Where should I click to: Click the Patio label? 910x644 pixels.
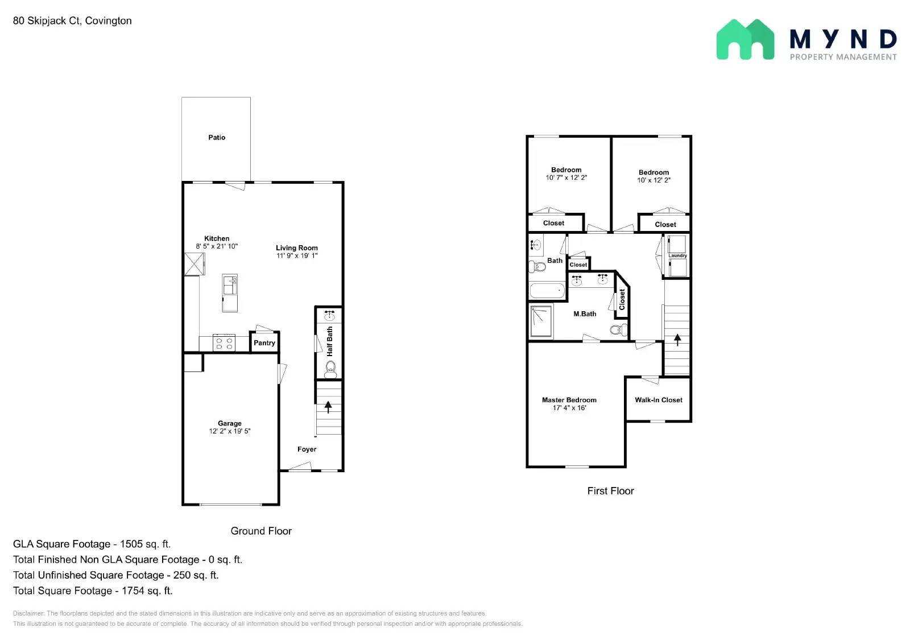coord(217,137)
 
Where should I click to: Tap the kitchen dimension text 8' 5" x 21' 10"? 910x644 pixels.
coord(217,246)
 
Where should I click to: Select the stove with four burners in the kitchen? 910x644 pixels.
coord(224,343)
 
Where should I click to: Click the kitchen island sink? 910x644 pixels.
coord(230,284)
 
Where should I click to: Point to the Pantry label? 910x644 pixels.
coord(264,342)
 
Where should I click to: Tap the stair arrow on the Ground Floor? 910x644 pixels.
coord(328,407)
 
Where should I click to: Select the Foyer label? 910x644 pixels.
coord(307,449)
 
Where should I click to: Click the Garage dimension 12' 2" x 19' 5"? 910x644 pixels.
coord(229,431)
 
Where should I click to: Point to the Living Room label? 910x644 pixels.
coord(296,247)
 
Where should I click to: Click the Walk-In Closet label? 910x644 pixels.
coord(659,400)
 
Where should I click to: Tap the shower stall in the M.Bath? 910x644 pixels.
coord(541,321)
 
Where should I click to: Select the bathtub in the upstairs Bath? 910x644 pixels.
coord(547,291)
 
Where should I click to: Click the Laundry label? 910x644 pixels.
coord(677,255)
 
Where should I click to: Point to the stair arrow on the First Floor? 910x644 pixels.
coord(677,340)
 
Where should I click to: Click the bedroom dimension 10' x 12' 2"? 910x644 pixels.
coord(653,180)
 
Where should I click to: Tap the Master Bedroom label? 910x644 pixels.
coord(569,400)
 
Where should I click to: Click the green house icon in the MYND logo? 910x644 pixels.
coord(744,40)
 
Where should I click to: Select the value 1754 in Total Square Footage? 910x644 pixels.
coord(133,591)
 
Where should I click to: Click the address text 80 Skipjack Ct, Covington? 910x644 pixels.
coord(72,20)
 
